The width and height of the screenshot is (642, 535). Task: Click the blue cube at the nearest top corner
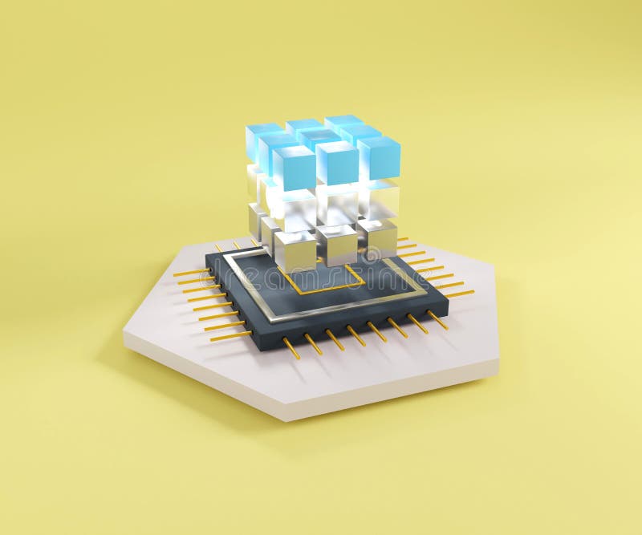point(294,167)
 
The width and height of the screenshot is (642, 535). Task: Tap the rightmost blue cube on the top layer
point(380,156)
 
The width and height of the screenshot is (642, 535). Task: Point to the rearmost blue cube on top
point(343,122)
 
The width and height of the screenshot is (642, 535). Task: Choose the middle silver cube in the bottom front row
point(336,244)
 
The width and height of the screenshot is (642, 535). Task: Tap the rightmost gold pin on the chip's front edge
point(438,320)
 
